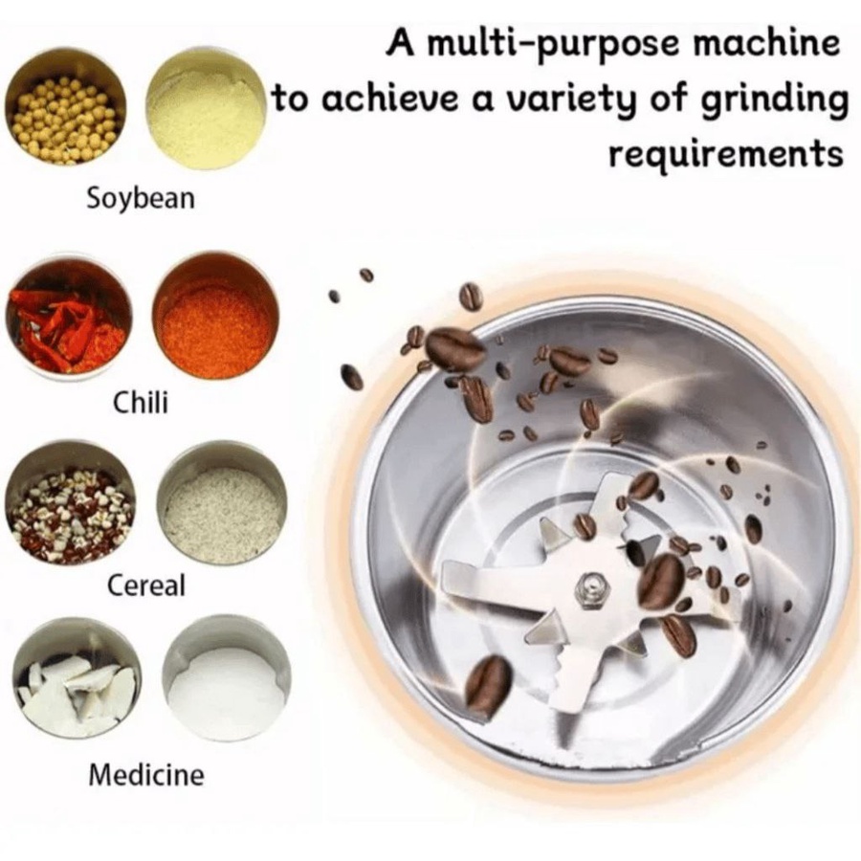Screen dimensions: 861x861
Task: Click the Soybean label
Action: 141,198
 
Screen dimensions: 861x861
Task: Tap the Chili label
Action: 141,403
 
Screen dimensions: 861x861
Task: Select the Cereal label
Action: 146,585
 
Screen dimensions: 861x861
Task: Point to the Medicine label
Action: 146,775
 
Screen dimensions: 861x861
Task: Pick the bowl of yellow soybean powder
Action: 207,109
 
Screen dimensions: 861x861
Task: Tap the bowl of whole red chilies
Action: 69,318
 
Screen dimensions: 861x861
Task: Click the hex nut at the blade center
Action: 591,591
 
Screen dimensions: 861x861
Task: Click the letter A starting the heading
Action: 400,43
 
